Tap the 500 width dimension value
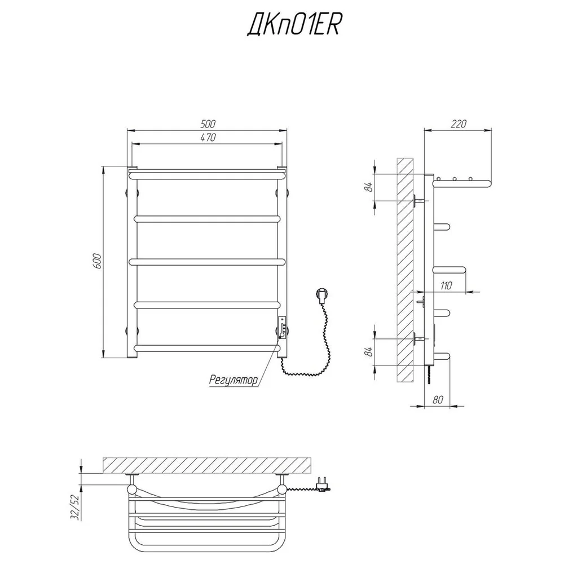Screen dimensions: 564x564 (208, 124)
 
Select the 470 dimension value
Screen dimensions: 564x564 (208, 138)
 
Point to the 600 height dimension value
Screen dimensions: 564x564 (98, 261)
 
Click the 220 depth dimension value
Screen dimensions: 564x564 (458, 124)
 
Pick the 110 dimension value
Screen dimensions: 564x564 (446, 286)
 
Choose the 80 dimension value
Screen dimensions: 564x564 (438, 400)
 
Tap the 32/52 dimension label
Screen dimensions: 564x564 (75, 507)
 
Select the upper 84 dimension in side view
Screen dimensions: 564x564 (369, 187)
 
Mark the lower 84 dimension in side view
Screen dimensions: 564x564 (369, 352)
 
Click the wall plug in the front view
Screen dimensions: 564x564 (322, 295)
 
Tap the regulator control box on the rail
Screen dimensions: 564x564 (283, 327)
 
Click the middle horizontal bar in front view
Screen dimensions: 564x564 (208, 262)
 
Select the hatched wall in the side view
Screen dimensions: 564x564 (404, 270)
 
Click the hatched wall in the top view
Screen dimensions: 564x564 (207, 465)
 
